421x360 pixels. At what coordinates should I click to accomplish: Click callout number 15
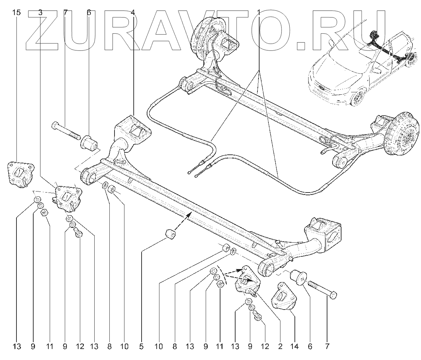click(16, 13)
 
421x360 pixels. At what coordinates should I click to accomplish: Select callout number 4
click(133, 13)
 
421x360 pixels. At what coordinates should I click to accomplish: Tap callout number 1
click(258, 13)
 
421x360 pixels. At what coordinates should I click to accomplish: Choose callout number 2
click(280, 347)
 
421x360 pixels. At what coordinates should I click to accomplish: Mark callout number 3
click(40, 13)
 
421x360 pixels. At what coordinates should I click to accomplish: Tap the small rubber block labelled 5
click(170, 234)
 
